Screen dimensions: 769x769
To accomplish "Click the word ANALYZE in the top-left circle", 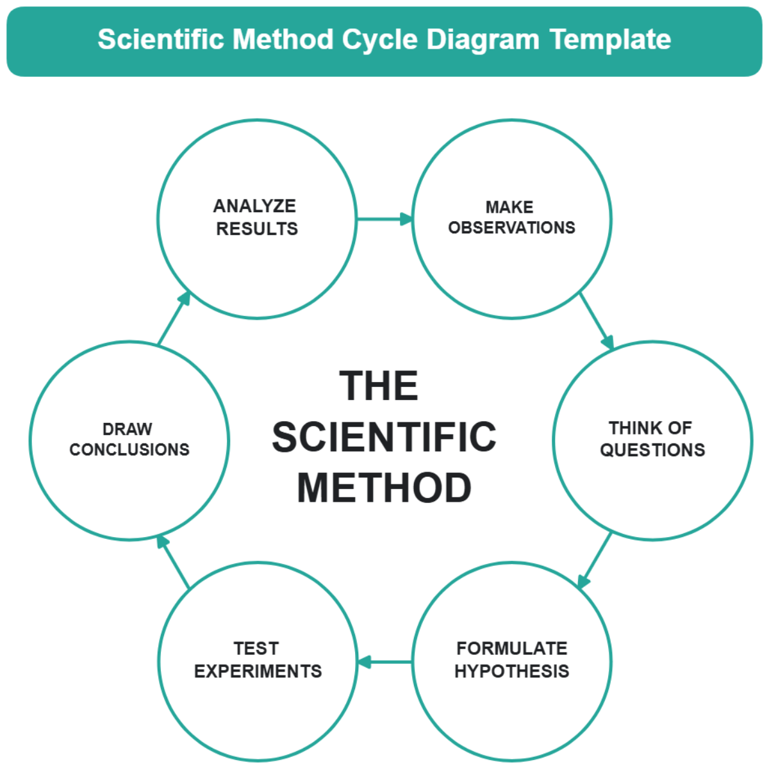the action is pos(254,206).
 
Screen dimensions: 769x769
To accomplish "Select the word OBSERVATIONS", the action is pos(511,228).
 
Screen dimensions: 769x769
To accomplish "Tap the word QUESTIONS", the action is pos(652,450).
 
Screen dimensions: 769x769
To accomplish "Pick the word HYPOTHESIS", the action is pos(511,671).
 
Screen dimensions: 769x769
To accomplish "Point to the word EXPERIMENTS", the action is pos(258,671).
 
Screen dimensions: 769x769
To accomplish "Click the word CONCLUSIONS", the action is pos(129,450).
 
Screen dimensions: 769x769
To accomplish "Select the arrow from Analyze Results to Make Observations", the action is pos(384,219).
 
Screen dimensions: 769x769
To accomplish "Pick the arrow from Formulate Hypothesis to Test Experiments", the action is pos(384,662).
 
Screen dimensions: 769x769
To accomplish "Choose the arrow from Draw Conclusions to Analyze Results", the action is pos(174,318).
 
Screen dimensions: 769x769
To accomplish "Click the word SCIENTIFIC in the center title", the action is pos(384,436).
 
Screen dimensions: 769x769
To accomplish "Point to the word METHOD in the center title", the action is pos(384,488).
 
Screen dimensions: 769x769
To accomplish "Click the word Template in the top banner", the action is pos(610,40).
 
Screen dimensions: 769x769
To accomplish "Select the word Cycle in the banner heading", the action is pos(379,40).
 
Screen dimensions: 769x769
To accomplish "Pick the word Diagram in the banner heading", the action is pos(483,40).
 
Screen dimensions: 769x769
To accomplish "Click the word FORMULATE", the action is pos(511,649).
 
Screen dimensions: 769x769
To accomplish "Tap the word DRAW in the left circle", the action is pos(128,429).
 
